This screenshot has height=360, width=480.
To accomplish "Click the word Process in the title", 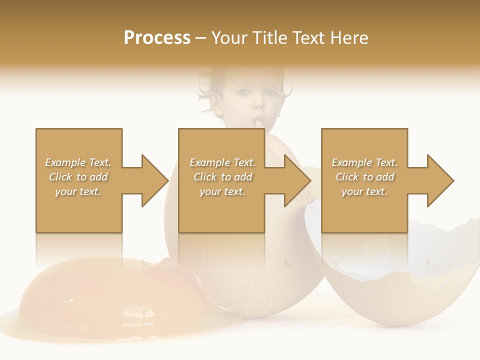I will [x=157, y=38].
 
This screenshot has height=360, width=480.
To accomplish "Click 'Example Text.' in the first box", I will [x=78, y=162].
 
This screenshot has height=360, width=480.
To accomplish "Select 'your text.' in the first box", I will [x=78, y=191].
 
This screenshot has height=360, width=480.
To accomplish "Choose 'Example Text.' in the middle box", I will [x=222, y=162].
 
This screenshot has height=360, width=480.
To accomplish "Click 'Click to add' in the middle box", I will [x=222, y=177].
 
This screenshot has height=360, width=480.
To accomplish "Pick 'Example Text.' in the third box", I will [x=364, y=162].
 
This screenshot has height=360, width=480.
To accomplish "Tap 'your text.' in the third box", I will [x=364, y=191].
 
